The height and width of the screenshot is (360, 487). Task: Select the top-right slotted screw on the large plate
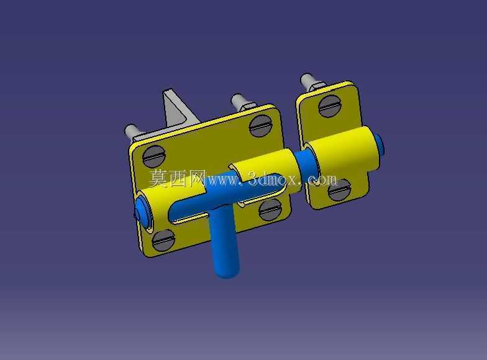point(261,126)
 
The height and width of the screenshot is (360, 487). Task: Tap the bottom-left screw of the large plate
point(164,240)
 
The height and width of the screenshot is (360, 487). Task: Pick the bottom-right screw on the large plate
point(270,210)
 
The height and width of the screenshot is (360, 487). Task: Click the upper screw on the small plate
point(330,106)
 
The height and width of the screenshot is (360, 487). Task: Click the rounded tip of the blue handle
point(227,271)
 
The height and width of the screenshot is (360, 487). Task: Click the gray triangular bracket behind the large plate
point(177,111)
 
